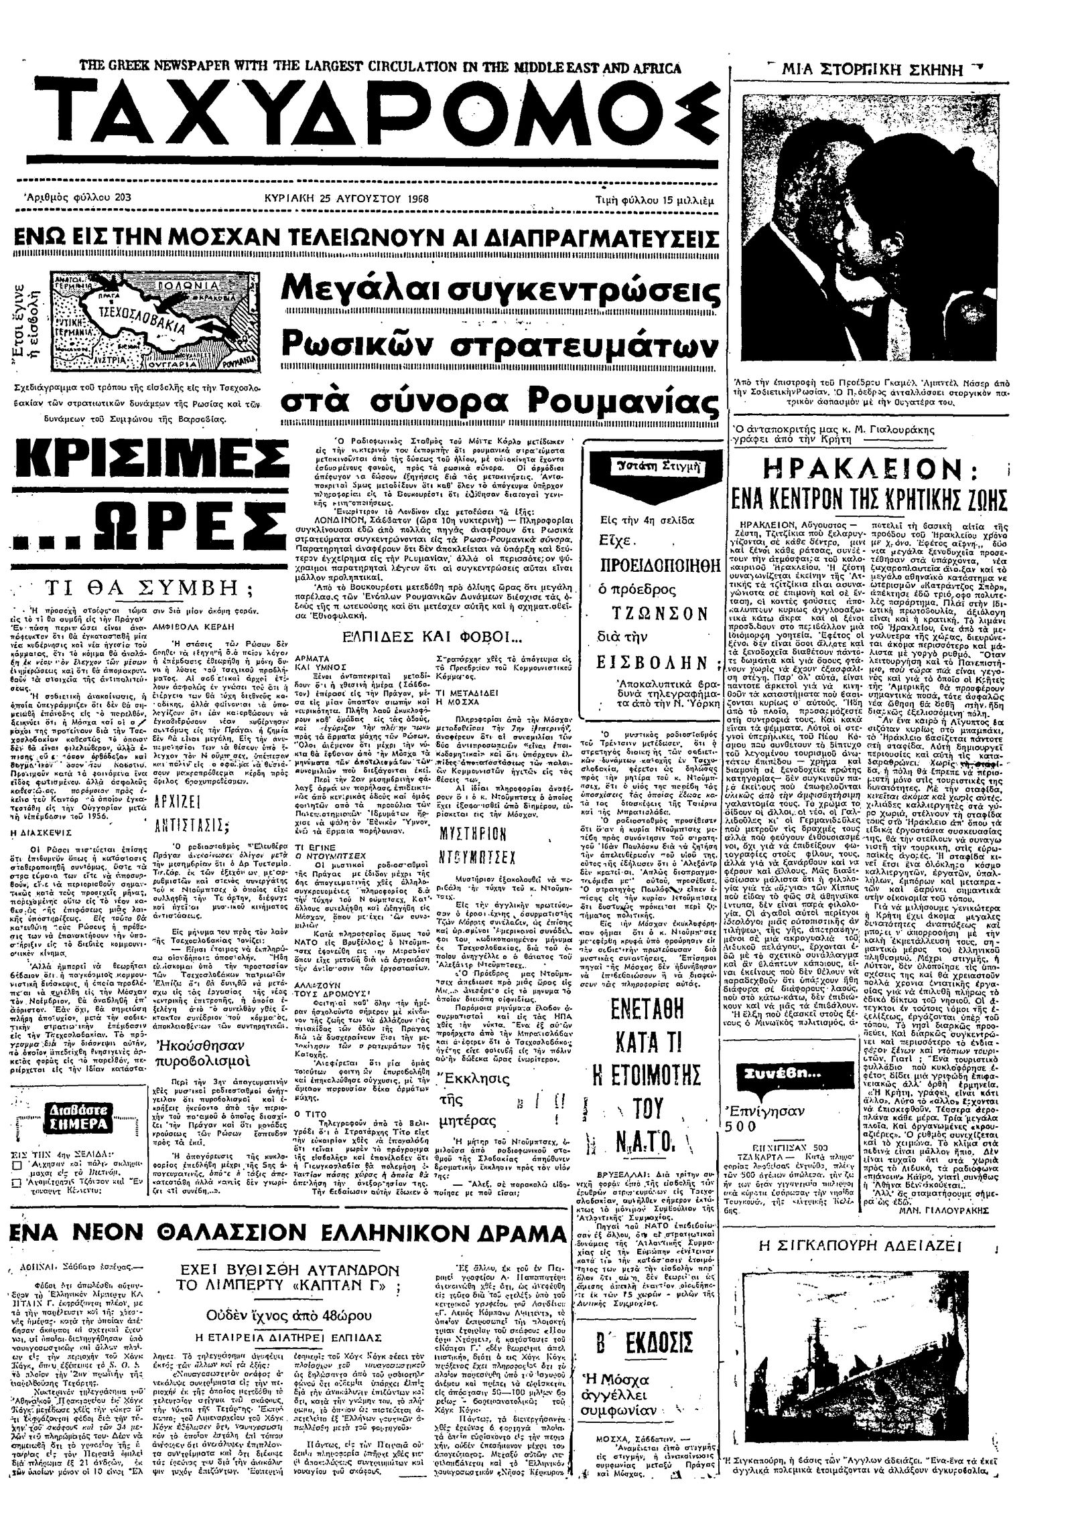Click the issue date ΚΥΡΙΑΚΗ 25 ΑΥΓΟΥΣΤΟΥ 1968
pos(346,199)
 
